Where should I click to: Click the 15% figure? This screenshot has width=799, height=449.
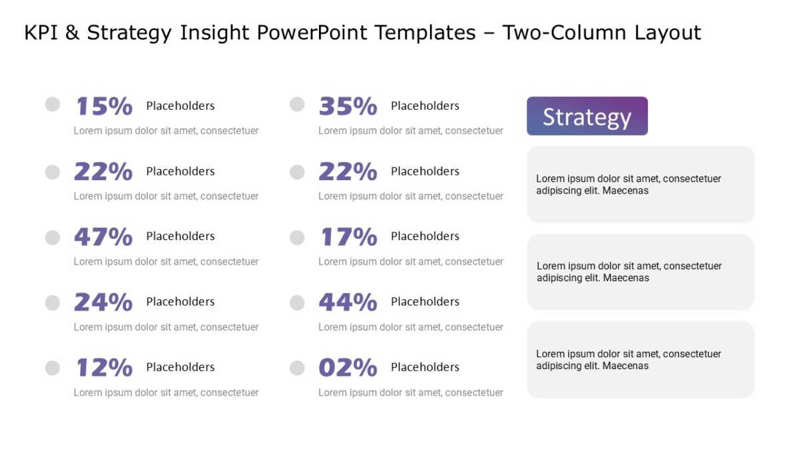point(104,106)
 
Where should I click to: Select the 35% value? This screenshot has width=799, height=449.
point(348,106)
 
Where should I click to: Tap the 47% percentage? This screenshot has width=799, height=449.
point(103,237)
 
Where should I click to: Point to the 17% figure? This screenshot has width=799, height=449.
point(349,237)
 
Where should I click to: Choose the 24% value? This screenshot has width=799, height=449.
point(103,302)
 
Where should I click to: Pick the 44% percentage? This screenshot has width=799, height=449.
point(348,302)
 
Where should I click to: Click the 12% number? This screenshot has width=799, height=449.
point(104,367)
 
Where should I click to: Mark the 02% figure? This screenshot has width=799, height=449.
point(348,367)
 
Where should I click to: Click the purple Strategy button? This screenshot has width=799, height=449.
point(587,116)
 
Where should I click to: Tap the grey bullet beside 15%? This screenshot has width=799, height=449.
point(53,104)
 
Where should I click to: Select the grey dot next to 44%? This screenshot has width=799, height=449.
point(297,303)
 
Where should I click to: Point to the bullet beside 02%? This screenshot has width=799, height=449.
point(297,368)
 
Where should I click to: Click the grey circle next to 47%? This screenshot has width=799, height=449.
point(53,237)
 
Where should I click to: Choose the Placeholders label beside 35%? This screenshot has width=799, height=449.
point(425,106)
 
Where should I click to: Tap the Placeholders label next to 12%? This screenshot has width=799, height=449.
point(180,367)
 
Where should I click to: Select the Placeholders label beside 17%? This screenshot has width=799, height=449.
point(425,236)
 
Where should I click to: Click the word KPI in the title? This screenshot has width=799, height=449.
point(41,33)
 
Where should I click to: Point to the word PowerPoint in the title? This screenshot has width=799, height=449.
point(312,33)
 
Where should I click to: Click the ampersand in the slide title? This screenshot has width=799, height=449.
point(72,33)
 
